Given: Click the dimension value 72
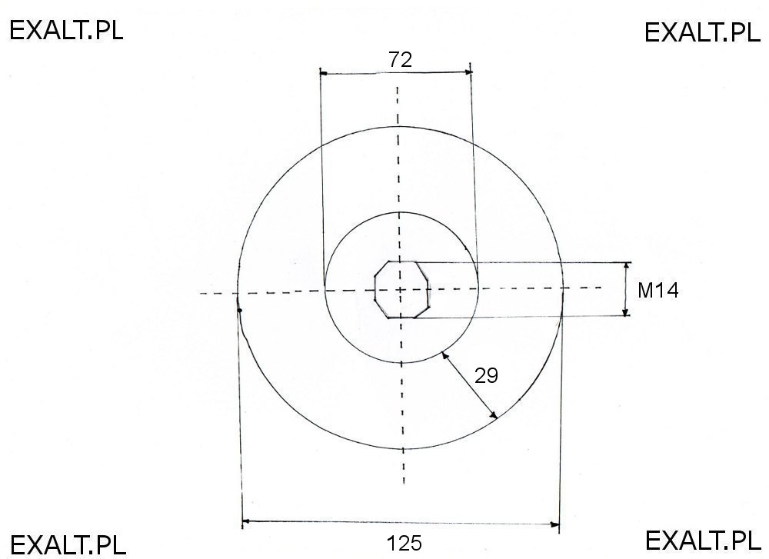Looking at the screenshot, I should tap(400, 60).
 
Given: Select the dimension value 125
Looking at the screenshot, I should tap(404, 543).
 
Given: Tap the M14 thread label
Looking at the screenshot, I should tap(658, 291).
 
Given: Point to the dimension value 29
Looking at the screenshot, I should tap(486, 376).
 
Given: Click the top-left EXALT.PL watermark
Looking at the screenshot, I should tap(67, 30).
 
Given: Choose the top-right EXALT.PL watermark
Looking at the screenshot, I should tap(701, 32).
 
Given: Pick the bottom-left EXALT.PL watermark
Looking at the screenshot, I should tap(67, 544).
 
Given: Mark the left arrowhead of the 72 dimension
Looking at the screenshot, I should tap(324, 74).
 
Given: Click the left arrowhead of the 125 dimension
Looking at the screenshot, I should tap(246, 523).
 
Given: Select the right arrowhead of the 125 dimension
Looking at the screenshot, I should tap(555, 525).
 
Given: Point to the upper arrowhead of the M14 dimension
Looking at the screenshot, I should tap(626, 266).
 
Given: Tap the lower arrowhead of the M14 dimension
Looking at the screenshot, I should tap(626, 312).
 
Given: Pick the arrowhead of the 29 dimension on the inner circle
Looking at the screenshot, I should tap(445, 354).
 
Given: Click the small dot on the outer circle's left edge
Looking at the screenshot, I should tap(240, 311).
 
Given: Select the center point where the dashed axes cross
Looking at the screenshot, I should tap(400, 290).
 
